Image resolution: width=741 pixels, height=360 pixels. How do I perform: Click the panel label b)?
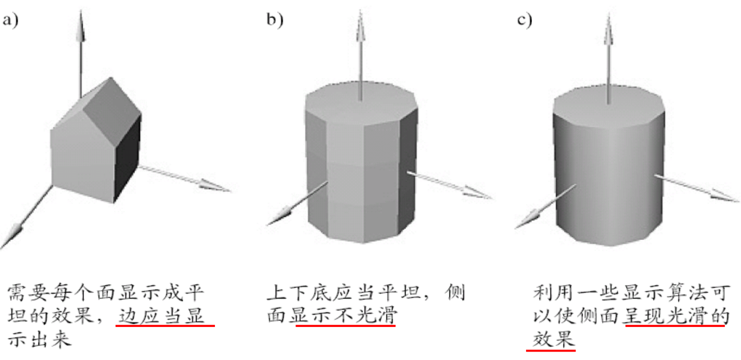274,21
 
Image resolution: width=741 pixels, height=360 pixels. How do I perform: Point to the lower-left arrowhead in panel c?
528,220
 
